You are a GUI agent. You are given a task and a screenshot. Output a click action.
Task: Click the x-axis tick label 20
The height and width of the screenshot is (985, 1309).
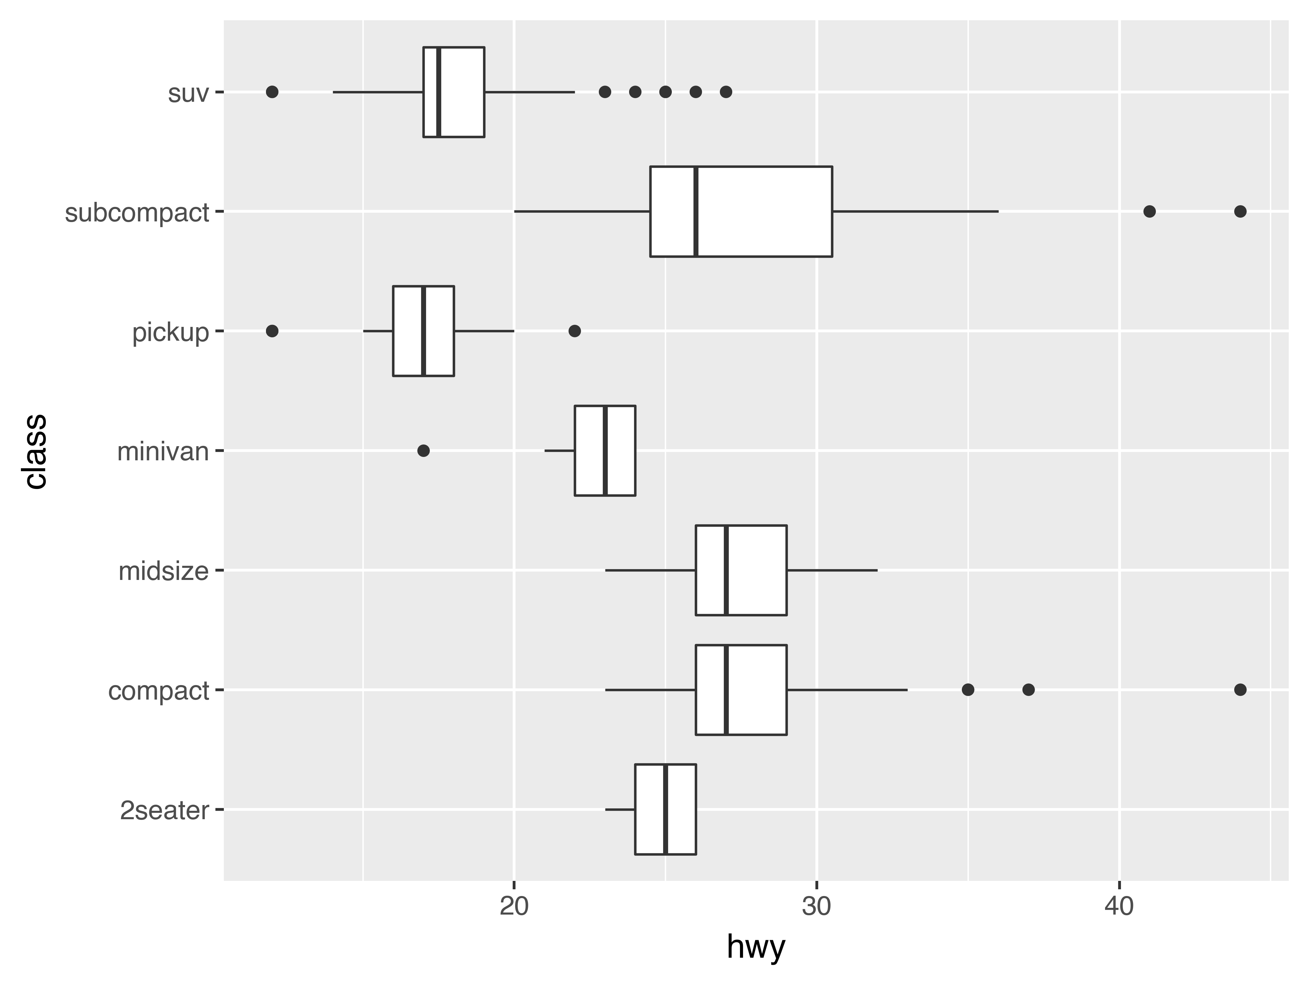(514, 907)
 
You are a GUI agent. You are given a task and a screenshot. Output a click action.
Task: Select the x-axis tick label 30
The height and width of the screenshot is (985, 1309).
(816, 907)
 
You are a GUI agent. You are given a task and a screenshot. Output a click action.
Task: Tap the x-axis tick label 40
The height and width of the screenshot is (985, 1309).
(1119, 907)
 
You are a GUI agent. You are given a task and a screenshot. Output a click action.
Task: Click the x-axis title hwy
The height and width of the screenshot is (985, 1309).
(756, 947)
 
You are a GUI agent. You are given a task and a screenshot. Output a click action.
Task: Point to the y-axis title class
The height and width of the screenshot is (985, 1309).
(35, 451)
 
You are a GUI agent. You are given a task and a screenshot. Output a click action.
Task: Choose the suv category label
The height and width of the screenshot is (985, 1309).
(188, 93)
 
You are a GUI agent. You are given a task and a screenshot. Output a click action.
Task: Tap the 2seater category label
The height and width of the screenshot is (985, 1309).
(165, 810)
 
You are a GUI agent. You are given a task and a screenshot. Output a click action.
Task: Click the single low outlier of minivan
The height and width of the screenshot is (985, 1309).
(423, 451)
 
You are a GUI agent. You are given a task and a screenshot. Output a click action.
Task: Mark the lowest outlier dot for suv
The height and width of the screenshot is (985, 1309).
(272, 92)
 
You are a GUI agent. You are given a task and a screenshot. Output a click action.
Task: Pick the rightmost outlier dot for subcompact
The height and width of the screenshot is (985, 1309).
(1240, 211)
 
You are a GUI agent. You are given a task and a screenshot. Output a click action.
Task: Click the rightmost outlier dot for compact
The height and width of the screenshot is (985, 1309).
(1240, 689)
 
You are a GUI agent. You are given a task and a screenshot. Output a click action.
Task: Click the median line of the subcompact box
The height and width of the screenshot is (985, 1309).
(695, 211)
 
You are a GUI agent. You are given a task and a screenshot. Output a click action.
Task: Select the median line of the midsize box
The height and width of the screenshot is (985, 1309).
(726, 570)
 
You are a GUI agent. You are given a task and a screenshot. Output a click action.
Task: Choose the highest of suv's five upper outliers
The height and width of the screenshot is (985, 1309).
(726, 92)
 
